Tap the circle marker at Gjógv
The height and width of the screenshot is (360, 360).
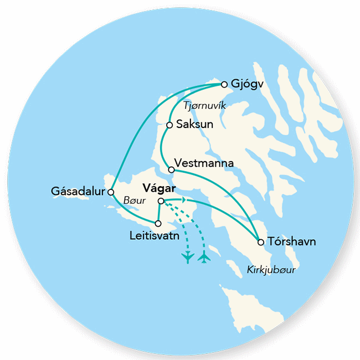click(224, 84)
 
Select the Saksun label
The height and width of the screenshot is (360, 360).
click(191, 125)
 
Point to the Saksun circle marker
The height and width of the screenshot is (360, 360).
click(169, 125)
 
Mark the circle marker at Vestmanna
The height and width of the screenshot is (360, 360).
click(169, 169)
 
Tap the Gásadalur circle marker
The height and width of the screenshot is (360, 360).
click(111, 192)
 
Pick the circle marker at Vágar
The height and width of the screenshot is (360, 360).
click(161, 201)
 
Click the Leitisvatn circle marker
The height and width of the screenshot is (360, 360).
click(158, 224)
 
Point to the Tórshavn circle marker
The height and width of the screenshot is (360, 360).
click(260, 241)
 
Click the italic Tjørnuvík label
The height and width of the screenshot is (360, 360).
click(204, 105)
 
